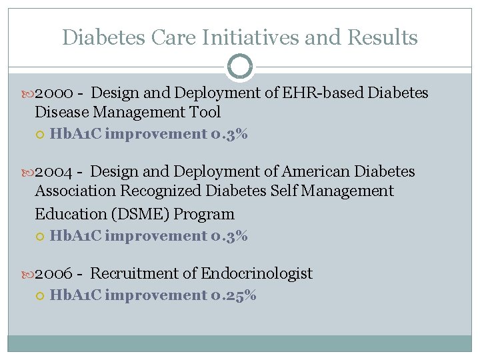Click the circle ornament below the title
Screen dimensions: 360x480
240,67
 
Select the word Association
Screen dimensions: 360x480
75,191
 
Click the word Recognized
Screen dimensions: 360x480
162,191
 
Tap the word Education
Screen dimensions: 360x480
65,214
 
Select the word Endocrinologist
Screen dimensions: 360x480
257,273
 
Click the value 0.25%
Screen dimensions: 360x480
233,295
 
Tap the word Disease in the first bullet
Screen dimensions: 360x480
61,112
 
